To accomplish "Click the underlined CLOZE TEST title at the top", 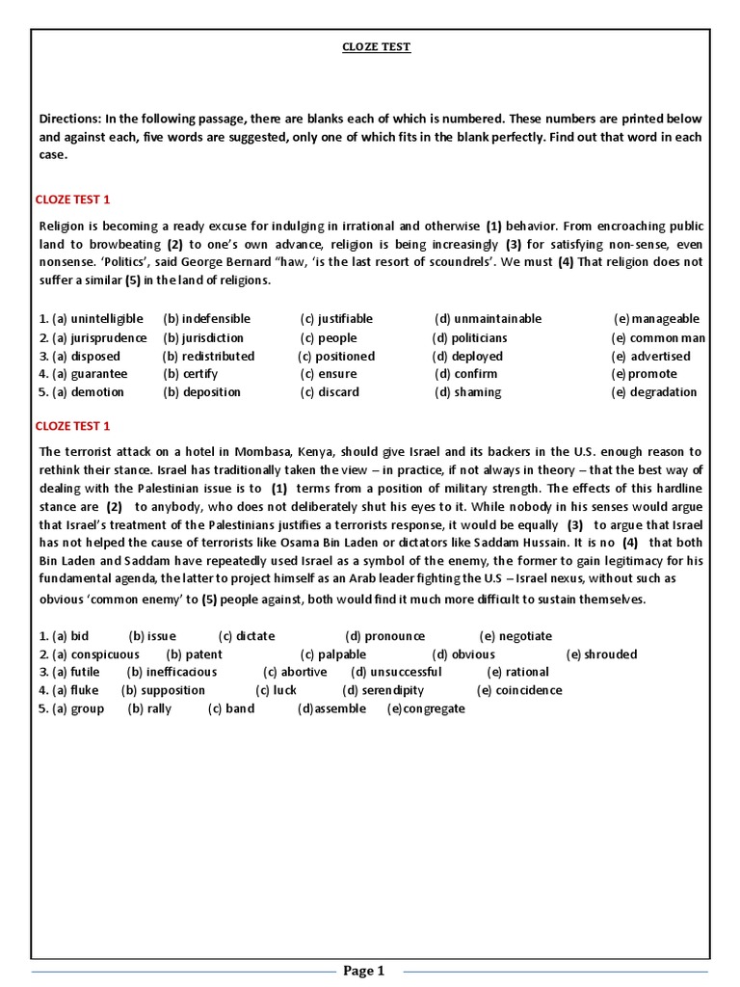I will [378, 47].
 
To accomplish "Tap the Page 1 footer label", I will [364, 971].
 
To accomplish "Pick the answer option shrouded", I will [610, 654].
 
